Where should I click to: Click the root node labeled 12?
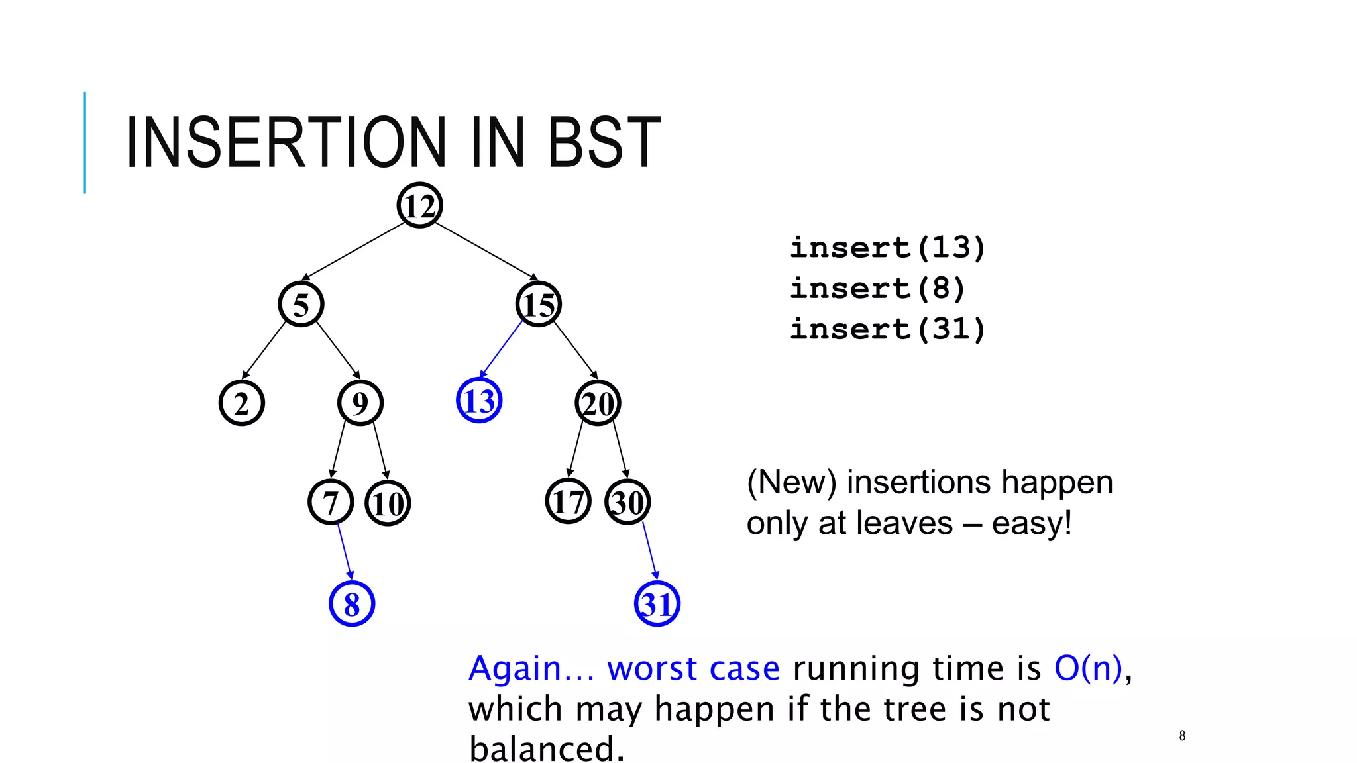[x=419, y=205]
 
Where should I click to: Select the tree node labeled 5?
[x=301, y=304]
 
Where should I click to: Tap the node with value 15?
[x=539, y=304]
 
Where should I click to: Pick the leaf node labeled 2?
[x=242, y=403]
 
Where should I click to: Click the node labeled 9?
[x=360, y=403]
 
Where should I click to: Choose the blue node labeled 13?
[x=479, y=401]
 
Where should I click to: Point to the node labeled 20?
[x=598, y=403]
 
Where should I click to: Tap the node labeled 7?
[x=331, y=502]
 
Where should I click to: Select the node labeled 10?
[x=388, y=503]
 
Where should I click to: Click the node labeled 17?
[x=568, y=501]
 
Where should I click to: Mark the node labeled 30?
[x=627, y=502]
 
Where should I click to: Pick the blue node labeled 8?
[x=352, y=603]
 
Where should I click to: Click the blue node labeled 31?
[x=657, y=603]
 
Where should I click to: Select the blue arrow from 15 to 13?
[x=502, y=348]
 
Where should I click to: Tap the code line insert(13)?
[x=888, y=248]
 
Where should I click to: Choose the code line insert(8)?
[x=877, y=289]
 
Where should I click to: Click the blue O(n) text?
[x=1088, y=668]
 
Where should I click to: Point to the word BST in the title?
[x=604, y=142]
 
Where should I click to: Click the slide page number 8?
[x=1182, y=736]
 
